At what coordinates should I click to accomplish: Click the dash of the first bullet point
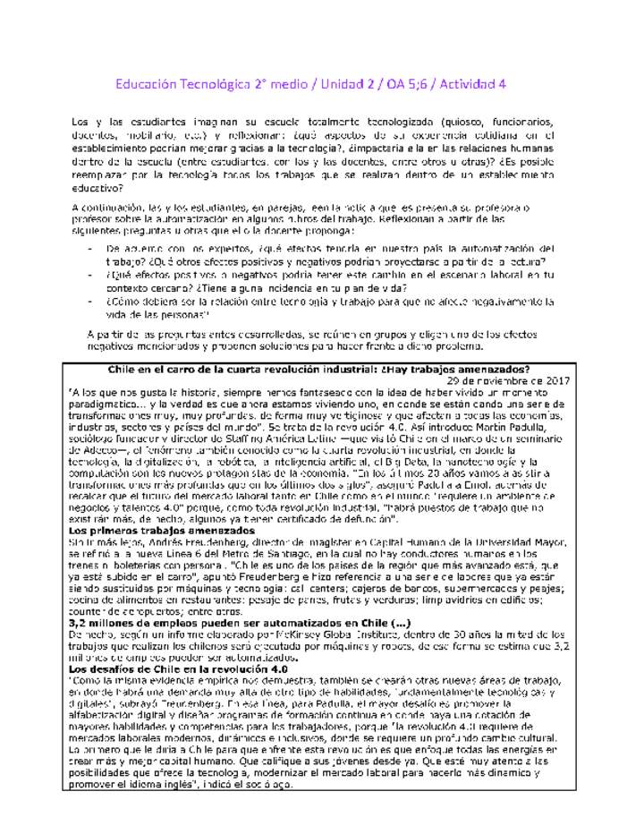pyautogui.click(x=91, y=247)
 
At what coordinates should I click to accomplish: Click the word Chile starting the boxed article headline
pyautogui.click(x=124, y=368)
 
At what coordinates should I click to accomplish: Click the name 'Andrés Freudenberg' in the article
pyautogui.click(x=190, y=542)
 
